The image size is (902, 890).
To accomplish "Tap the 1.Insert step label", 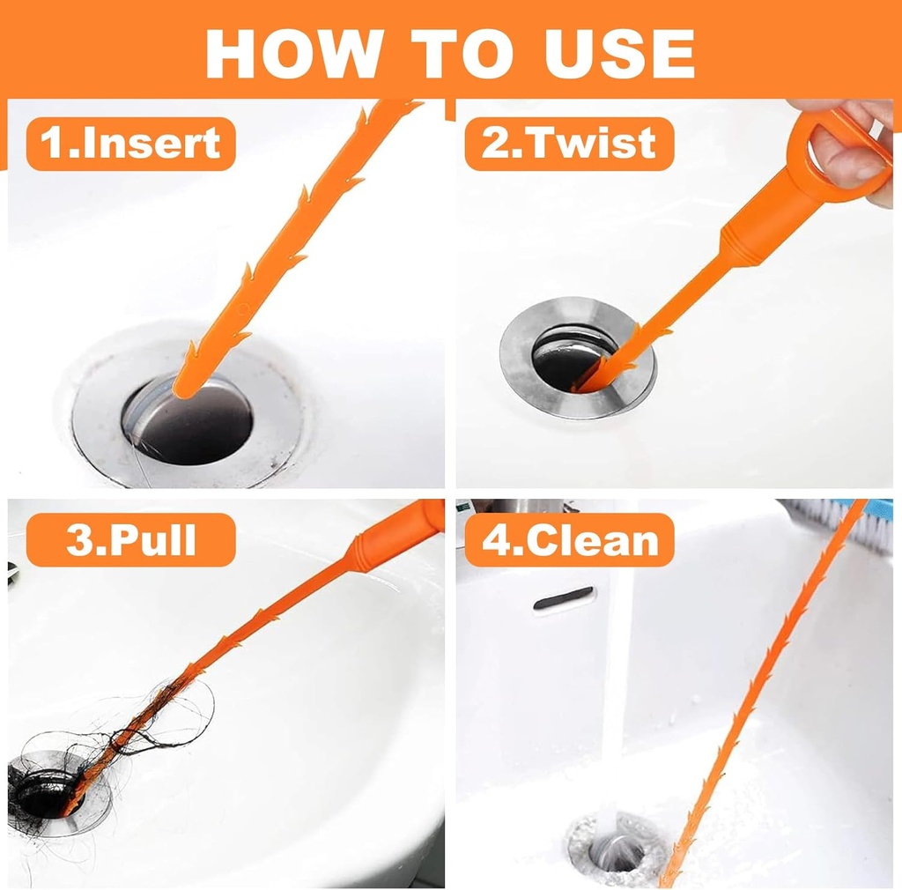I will pyautogui.click(x=131, y=144).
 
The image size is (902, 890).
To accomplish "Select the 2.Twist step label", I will pyautogui.click(x=569, y=144).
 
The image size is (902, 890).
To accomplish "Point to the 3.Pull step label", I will pyautogui.click(x=131, y=540).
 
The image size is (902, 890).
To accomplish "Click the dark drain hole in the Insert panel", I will pyautogui.click(x=198, y=423).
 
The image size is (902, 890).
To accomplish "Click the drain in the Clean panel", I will pyautogui.click(x=612, y=850).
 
